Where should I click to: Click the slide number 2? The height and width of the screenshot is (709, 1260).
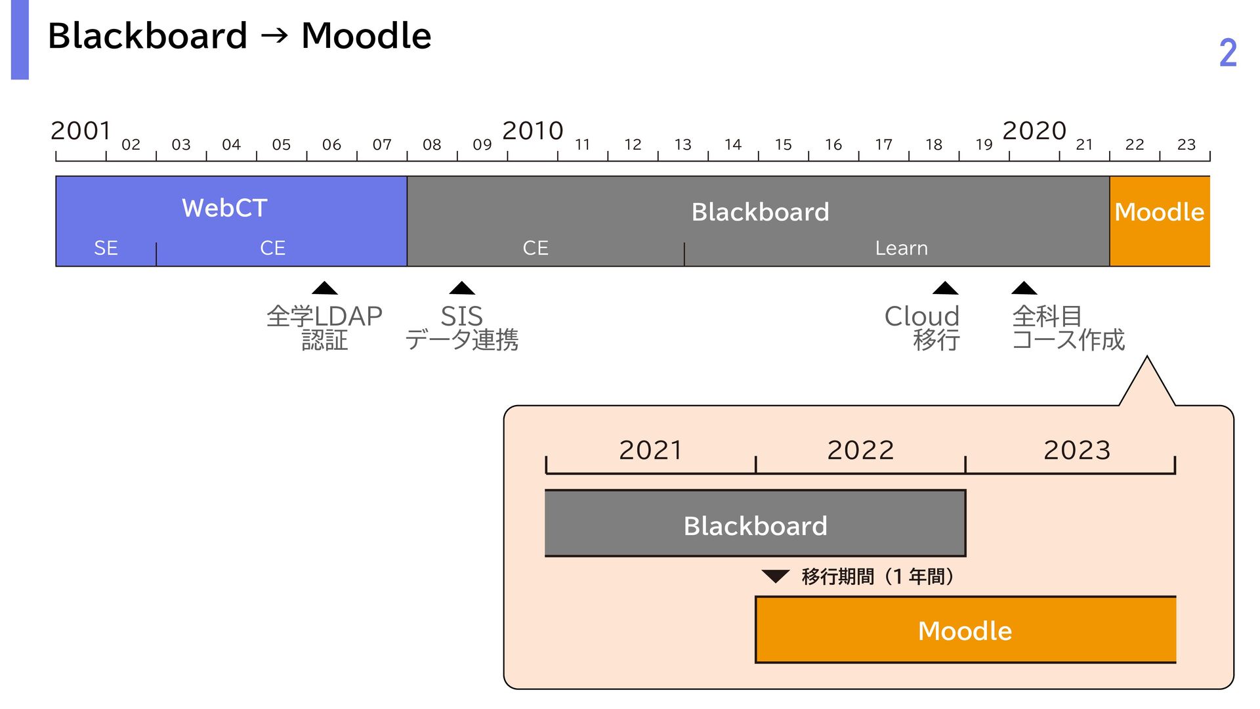1228,53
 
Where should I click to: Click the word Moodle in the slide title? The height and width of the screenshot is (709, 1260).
366,35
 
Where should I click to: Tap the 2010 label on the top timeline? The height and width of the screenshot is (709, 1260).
533,131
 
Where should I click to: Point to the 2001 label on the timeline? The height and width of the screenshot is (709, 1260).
81,131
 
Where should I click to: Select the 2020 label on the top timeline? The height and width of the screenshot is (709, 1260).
1034,131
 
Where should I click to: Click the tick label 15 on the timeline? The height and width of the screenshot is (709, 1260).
783,144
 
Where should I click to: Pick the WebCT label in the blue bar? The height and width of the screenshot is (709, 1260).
224,208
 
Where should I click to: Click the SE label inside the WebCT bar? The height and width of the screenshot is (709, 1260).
106,247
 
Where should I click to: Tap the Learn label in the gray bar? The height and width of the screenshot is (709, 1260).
901,248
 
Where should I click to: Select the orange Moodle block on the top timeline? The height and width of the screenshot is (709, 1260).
1160,221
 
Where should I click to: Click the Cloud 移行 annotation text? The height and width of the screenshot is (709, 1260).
922,328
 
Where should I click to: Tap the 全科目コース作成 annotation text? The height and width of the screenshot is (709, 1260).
1068,328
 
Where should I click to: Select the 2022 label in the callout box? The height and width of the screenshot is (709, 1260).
860,450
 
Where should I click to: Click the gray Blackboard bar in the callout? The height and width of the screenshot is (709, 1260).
755,523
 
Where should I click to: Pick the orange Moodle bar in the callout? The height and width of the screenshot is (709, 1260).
965,630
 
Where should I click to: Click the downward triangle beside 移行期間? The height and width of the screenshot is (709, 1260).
775,576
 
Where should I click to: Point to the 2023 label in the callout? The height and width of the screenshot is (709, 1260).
1077,450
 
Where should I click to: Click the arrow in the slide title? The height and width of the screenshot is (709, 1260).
274,35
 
